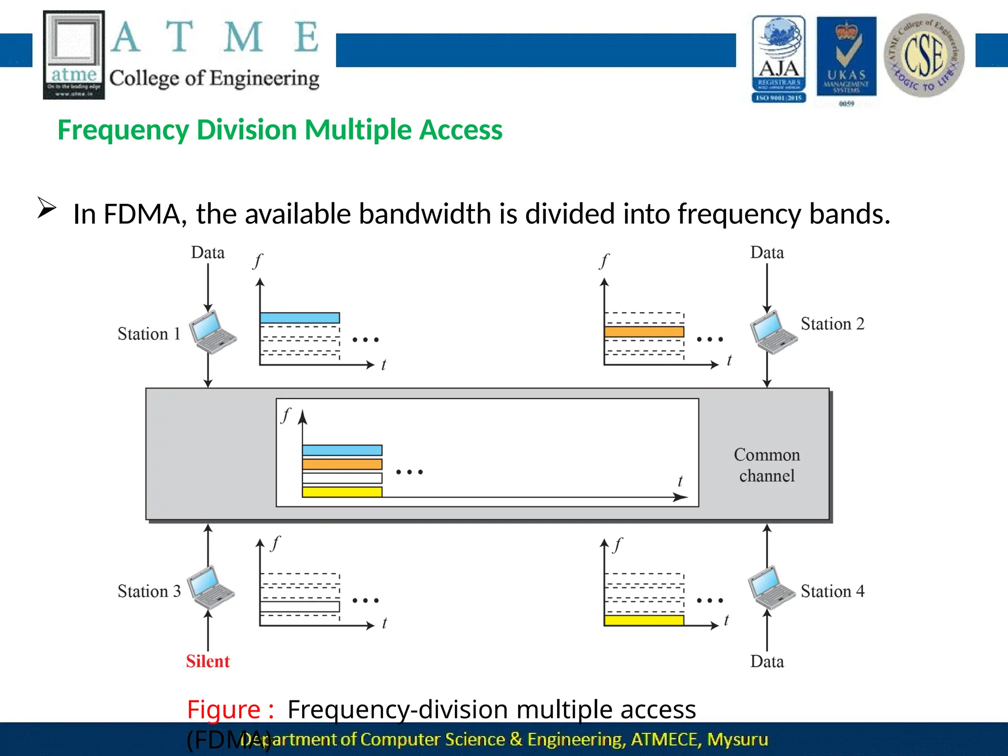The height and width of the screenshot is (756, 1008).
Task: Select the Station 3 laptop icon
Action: pos(211,588)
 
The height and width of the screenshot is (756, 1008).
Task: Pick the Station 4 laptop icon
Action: pos(771,588)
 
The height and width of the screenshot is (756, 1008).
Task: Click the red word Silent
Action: pos(208,661)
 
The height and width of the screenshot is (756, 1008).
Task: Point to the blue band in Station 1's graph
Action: pos(300,318)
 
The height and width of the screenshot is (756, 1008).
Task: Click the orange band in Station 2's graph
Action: pos(644,332)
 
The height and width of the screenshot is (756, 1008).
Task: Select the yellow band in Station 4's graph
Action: pos(644,620)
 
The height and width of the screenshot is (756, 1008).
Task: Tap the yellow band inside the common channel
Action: pos(342,492)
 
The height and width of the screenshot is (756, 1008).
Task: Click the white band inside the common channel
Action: pos(342,478)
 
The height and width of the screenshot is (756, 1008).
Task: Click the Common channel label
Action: pos(767,465)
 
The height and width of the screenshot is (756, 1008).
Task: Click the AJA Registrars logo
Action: pos(779,59)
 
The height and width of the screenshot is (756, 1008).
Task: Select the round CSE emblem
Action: pos(924,55)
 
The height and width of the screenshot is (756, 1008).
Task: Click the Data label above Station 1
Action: pos(208,252)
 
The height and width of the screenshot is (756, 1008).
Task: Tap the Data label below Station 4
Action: pos(767,661)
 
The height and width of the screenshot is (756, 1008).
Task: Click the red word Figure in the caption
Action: pos(224,709)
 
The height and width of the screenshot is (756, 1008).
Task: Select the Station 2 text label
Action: pos(832,324)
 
